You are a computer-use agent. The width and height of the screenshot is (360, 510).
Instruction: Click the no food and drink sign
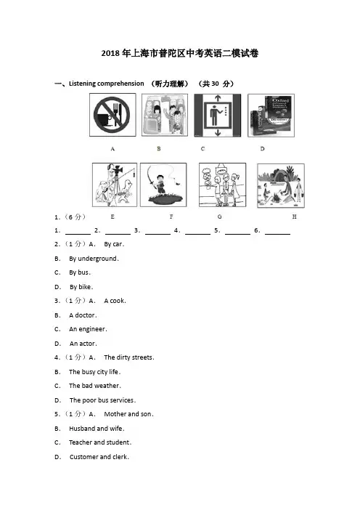(x=112, y=115)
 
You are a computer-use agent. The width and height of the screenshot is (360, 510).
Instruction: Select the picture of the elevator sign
(x=218, y=115)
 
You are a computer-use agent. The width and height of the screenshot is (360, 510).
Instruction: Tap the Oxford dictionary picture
(x=271, y=116)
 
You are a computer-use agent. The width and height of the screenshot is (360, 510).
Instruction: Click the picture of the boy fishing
(x=163, y=185)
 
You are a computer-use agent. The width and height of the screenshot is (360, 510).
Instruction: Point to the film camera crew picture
(x=115, y=185)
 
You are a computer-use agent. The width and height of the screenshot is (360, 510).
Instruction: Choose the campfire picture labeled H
(x=281, y=185)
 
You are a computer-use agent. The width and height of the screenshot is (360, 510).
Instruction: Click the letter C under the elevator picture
(x=202, y=149)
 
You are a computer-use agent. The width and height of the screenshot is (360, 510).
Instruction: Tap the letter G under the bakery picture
(x=220, y=216)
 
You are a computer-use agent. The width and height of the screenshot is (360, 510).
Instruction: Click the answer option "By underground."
(x=94, y=259)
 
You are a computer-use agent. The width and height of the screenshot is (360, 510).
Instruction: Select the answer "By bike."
(x=81, y=287)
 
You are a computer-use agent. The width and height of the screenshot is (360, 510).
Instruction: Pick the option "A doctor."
(x=83, y=315)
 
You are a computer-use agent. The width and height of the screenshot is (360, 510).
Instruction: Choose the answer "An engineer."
(x=88, y=329)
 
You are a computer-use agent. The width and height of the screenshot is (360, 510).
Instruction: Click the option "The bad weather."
(x=95, y=386)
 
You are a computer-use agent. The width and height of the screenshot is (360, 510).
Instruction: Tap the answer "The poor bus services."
(x=102, y=400)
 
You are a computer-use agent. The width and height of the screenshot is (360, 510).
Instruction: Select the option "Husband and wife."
(x=97, y=429)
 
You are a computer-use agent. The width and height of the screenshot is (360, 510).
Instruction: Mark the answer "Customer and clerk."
(x=99, y=457)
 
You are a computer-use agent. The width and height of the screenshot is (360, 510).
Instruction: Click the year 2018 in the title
(x=110, y=53)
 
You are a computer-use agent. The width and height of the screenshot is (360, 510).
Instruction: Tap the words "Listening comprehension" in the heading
(x=106, y=84)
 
